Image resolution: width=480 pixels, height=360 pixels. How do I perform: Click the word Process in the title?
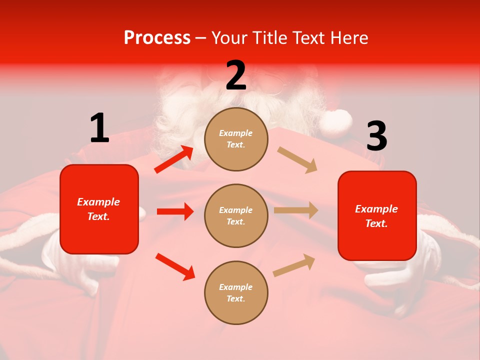coord(157,38)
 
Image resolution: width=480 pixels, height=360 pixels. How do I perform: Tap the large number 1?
coord(99,128)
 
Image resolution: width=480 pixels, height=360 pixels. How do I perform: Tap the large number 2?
coord(236,75)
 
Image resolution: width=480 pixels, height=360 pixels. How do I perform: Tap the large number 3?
coord(376,136)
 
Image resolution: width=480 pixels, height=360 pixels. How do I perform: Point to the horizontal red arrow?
coord(175,211)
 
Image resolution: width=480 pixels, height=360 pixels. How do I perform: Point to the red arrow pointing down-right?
coord(175,266)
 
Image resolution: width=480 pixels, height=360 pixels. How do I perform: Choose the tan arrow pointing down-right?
coord(297,160)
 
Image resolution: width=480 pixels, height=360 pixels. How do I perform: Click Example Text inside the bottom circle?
coord(236,292)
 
